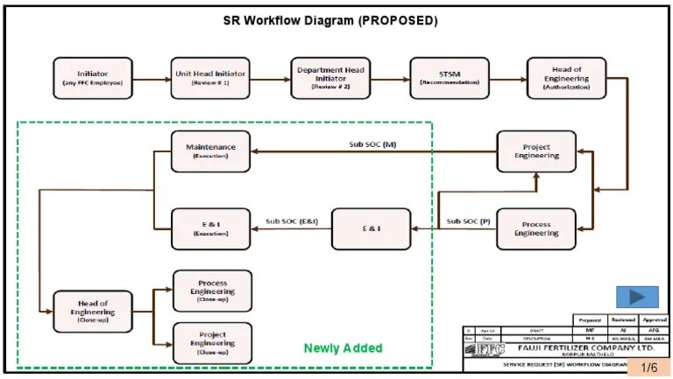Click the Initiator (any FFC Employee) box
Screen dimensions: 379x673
coord(93,78)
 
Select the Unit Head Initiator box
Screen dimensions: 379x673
coord(209,78)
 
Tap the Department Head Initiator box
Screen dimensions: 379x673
coord(329,78)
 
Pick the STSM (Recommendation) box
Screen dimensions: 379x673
coord(448,78)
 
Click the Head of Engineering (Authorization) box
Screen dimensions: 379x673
coord(566,78)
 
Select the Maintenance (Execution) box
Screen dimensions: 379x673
coord(210,151)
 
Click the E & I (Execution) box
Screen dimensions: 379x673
coord(210,228)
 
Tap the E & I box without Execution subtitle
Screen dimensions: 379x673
coord(371,228)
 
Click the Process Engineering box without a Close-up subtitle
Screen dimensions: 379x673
coord(536,228)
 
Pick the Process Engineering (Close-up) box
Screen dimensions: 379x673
coord(212,289)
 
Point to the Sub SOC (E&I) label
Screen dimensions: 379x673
coord(292,221)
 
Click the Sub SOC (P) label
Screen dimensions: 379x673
coord(468,221)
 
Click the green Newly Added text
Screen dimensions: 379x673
coord(343,348)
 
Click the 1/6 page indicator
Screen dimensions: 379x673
coord(649,368)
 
